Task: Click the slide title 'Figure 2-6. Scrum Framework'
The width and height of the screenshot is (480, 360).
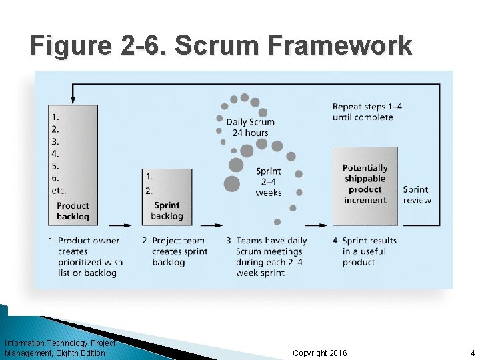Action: pos(221,45)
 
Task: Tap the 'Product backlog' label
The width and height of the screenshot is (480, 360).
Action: pos(73,211)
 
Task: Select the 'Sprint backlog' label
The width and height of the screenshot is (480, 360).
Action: pos(167,211)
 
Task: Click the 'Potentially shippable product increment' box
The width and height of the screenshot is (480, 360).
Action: pos(365,184)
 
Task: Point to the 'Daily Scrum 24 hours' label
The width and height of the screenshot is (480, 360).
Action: pos(250,127)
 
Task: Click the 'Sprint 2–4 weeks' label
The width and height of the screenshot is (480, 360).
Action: pos(268,182)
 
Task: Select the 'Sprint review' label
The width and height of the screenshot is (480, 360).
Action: pos(417,195)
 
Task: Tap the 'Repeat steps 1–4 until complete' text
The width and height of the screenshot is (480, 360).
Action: pos(363,112)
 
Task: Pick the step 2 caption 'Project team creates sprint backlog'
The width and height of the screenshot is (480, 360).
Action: pos(175,251)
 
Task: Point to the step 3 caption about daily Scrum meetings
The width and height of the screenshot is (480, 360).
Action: pos(267,257)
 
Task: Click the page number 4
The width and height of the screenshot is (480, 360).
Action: pos(472,353)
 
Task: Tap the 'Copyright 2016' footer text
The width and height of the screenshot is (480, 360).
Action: pos(320,353)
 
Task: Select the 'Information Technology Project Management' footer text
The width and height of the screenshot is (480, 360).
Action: pos(59,348)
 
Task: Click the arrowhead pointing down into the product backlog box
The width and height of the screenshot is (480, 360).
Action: pos(73,101)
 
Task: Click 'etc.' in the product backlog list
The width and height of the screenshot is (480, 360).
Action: pos(59,191)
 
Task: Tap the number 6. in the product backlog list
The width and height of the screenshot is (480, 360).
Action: pos(55,178)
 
